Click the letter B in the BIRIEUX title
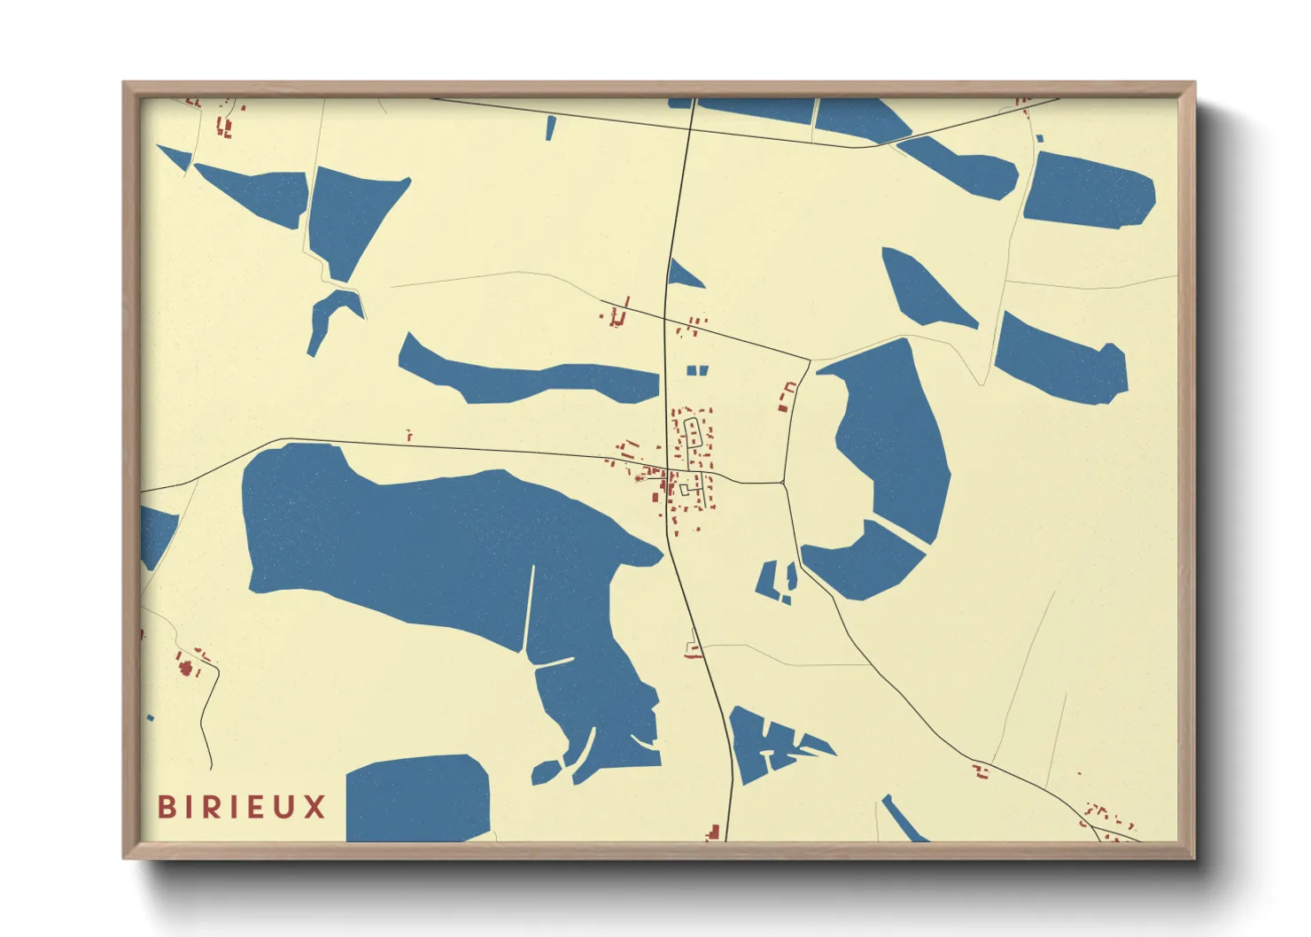pyautogui.click(x=166, y=807)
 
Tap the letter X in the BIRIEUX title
pyautogui.click(x=315, y=807)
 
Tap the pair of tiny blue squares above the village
pyautogui.click(x=698, y=370)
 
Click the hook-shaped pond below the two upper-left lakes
pyautogui.click(x=330, y=314)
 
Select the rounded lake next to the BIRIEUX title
pyautogui.click(x=416, y=797)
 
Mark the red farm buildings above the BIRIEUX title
pyautogui.click(x=188, y=664)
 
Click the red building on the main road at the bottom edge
pyautogui.click(x=713, y=832)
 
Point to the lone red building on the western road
pyautogui.click(x=408, y=435)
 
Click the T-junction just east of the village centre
pyautogui.click(x=783, y=483)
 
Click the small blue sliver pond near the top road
pyautogui.click(x=551, y=128)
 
